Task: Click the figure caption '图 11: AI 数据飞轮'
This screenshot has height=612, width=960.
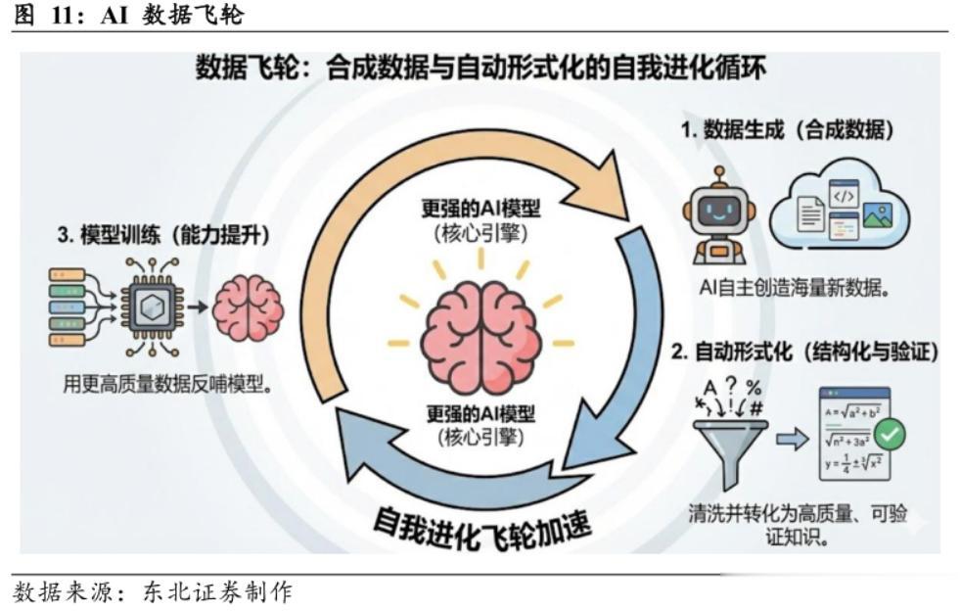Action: pyautogui.click(x=124, y=15)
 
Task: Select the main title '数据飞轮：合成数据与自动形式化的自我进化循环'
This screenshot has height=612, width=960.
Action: pyautogui.click(x=480, y=69)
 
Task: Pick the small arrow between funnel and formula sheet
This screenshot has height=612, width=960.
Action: pyautogui.click(x=788, y=438)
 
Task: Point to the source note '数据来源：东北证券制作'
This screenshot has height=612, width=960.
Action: pyautogui.click(x=152, y=592)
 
